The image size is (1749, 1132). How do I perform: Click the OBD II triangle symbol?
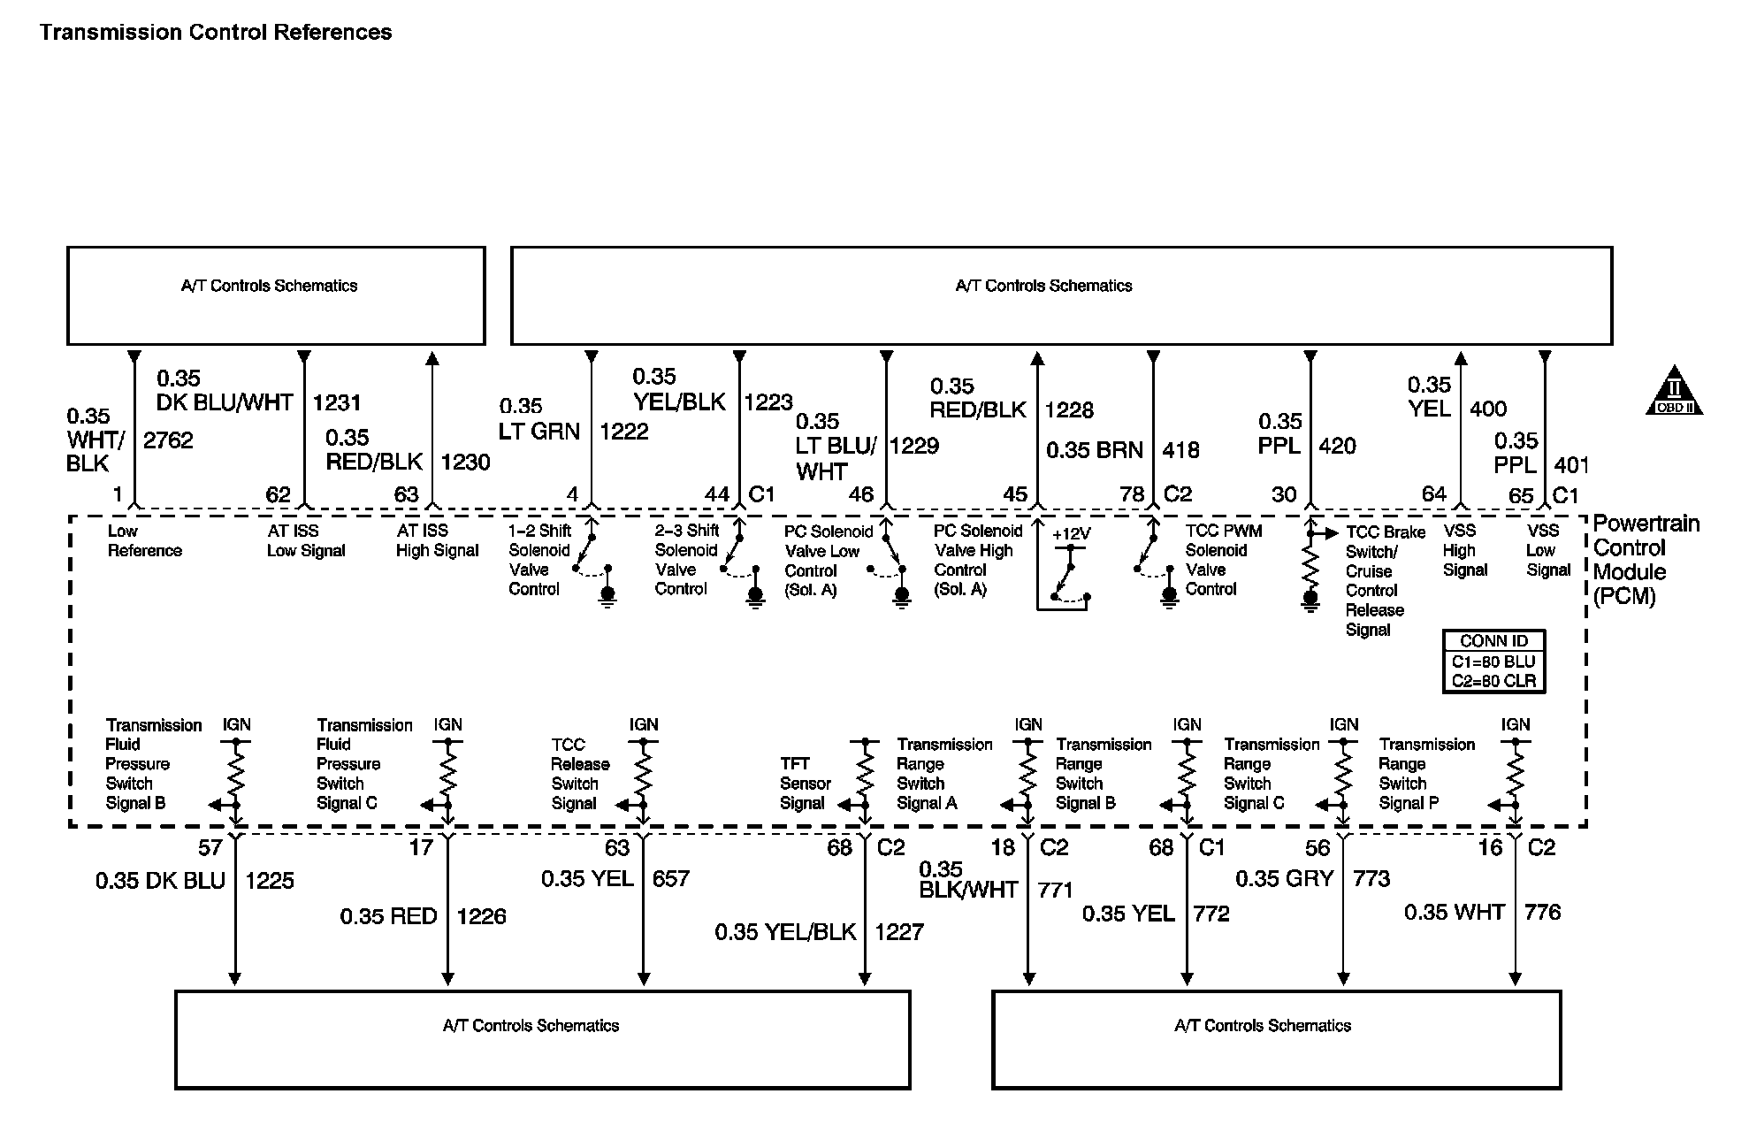1673,392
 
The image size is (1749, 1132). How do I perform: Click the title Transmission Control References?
216,33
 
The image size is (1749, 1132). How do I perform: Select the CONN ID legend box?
1493,661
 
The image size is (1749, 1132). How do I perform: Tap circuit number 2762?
168,440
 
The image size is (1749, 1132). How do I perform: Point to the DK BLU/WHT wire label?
225,402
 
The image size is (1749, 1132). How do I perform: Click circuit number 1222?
623,432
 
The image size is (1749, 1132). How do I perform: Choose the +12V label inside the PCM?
1071,534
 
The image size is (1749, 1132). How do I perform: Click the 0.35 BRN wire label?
1095,450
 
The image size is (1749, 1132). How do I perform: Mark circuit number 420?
1337,446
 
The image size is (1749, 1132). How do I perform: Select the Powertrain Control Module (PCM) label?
1646,560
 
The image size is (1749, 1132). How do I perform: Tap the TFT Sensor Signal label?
805,784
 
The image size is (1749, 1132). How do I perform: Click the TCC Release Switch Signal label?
580,774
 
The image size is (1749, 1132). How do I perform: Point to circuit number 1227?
899,931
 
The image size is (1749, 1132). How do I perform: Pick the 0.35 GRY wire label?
1284,878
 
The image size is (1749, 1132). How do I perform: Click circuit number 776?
1543,912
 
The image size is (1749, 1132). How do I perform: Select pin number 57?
210,848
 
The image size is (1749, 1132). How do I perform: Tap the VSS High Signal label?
1464,550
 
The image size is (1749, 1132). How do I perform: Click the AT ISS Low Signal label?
305,540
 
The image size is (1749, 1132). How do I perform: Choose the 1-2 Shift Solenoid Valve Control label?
539,560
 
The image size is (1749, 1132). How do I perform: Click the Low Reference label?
144,540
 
